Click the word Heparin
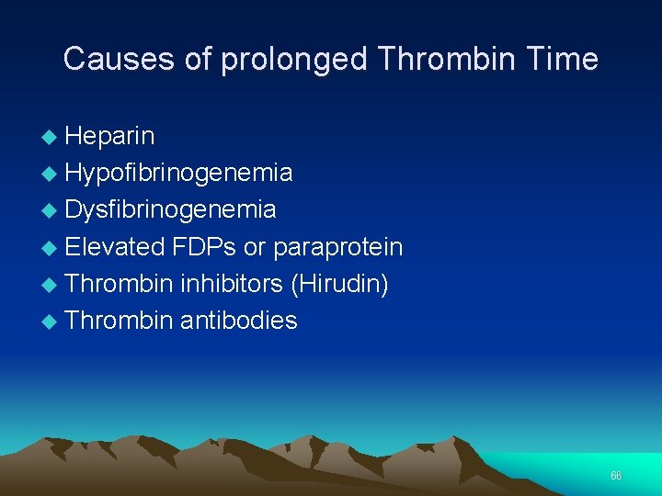point(110,137)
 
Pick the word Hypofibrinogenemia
point(179,174)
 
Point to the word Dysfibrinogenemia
point(171,210)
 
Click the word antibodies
point(239,321)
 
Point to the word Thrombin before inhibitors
point(120,284)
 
